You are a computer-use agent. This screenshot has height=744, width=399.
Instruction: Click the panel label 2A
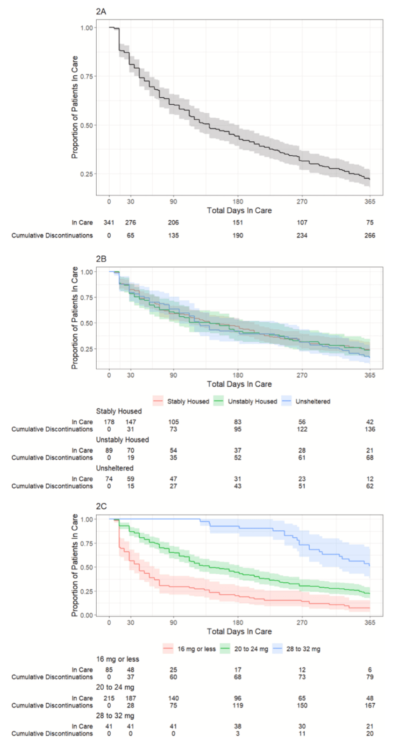tap(101, 11)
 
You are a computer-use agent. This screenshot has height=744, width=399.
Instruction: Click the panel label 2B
tap(101, 259)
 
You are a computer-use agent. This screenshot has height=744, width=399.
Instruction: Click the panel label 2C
tap(101, 506)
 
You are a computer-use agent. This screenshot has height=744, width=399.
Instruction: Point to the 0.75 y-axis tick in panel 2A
tap(86, 76)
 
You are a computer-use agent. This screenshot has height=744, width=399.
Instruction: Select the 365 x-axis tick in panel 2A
tap(370, 202)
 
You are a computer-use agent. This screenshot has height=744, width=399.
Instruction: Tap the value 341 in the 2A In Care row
tap(109, 223)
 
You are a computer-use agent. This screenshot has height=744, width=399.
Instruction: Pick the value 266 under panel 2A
tap(370, 235)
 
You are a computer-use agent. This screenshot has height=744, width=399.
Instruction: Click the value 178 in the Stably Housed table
tap(109, 422)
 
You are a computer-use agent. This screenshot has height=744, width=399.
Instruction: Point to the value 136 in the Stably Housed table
tap(370, 429)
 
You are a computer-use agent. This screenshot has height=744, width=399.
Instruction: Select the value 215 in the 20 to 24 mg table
tap(109, 698)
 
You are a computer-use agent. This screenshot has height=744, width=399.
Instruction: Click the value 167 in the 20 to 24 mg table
tap(370, 705)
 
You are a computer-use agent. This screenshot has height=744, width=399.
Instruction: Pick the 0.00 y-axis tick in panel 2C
tap(86, 615)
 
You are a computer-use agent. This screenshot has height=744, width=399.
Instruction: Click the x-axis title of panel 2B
tap(239, 384)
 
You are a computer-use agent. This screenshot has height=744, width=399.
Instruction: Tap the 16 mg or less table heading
tap(118, 659)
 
